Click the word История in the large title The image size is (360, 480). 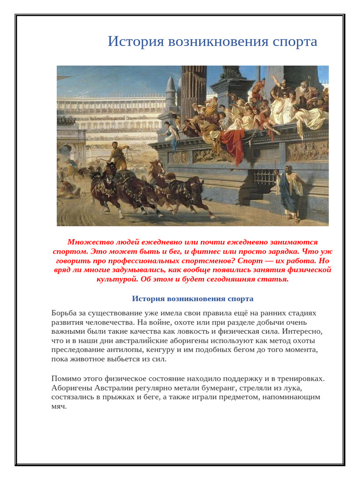[134, 42]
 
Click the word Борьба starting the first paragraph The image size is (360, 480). [65, 313]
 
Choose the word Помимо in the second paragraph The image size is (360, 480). [66, 378]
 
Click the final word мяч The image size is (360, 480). [59, 406]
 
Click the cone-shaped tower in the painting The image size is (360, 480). [171, 91]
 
